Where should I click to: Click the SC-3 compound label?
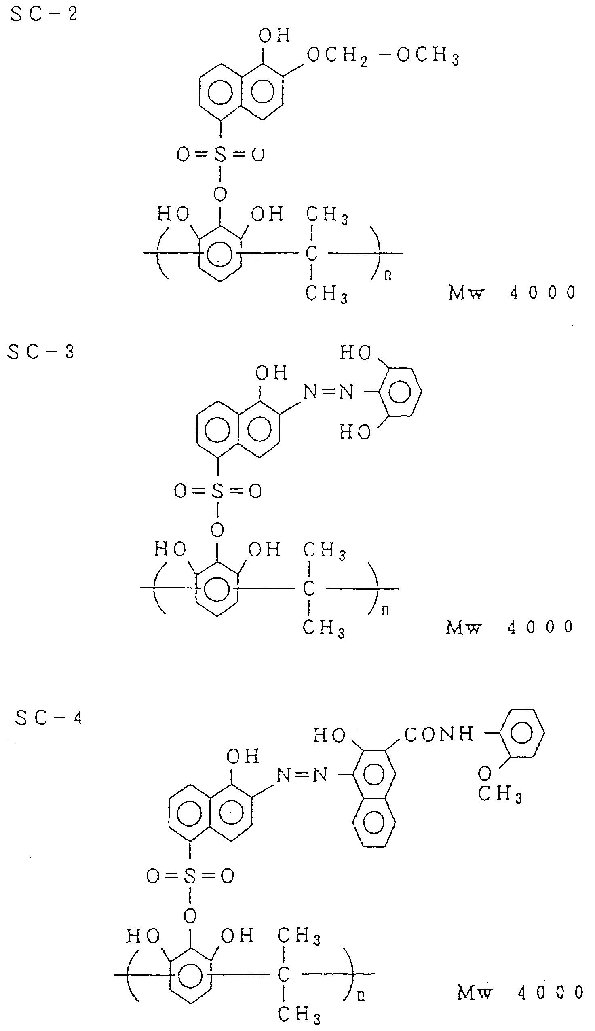(x=41, y=352)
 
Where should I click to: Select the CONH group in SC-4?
(x=439, y=734)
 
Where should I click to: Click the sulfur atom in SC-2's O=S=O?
(x=220, y=155)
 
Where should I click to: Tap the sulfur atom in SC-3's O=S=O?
(x=217, y=491)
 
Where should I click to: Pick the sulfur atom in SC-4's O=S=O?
(x=190, y=876)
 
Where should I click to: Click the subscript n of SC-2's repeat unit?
(x=388, y=276)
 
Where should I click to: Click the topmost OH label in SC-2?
(x=274, y=36)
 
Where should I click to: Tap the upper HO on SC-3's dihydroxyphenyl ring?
(x=355, y=352)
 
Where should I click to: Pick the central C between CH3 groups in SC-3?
(x=309, y=588)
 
